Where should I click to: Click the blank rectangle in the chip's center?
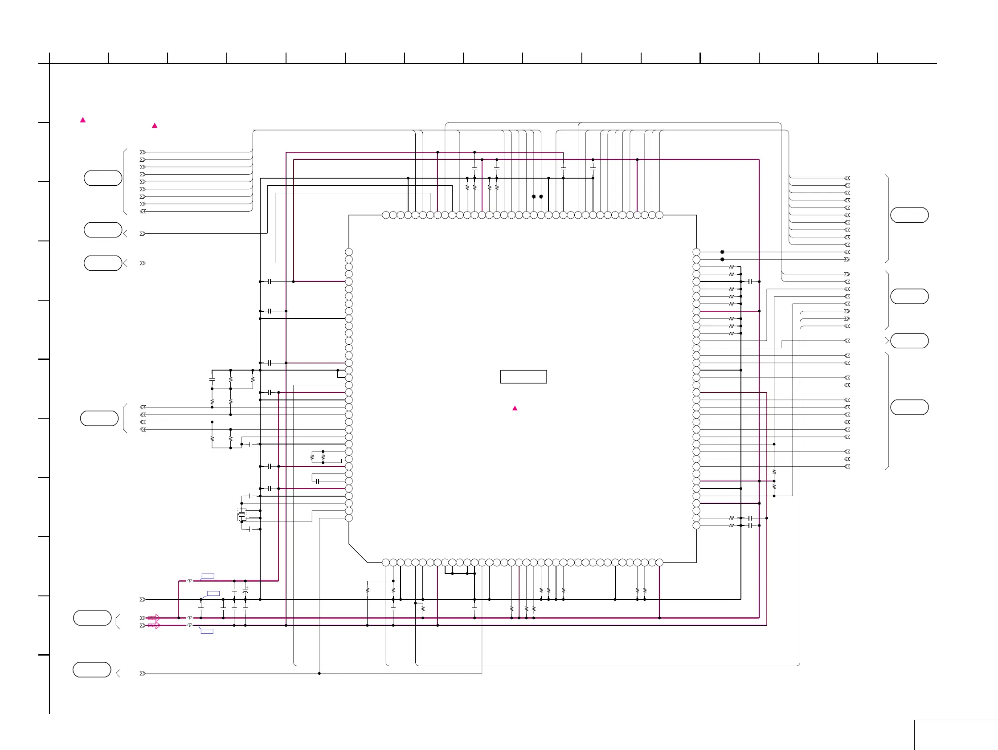click(524, 377)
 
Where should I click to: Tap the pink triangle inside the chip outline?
click(515, 408)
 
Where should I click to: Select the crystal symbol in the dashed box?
click(242, 514)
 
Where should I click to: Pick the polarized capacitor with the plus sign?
click(245, 590)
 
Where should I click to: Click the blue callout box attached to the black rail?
click(213, 594)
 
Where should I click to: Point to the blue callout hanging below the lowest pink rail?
click(207, 631)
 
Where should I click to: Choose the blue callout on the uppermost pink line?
click(208, 576)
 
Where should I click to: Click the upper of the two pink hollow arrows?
click(154, 617)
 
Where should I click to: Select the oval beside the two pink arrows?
click(93, 618)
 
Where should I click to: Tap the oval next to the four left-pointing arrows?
click(99, 418)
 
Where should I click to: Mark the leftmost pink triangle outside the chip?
click(83, 120)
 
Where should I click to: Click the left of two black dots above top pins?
click(534, 197)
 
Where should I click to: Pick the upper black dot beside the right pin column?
click(722, 252)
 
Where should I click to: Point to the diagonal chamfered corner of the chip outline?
click(358, 553)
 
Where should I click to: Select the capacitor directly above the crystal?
click(250, 496)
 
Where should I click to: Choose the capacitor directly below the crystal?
click(250, 529)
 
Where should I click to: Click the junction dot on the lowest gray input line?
click(319, 673)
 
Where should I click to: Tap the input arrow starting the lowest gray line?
click(143, 673)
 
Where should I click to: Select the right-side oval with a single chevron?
click(910, 341)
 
